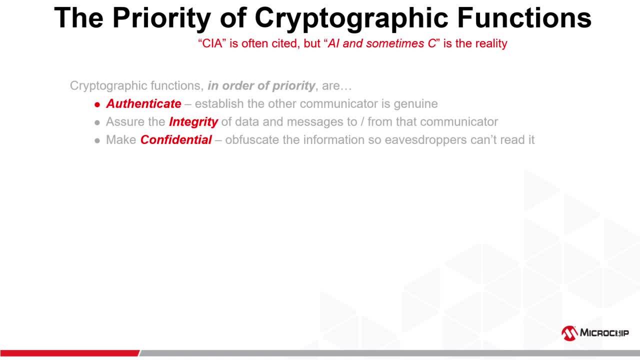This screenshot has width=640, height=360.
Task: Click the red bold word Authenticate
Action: (x=143, y=104)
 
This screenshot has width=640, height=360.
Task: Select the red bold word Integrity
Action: (x=193, y=122)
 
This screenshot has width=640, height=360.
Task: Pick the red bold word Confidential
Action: (x=176, y=140)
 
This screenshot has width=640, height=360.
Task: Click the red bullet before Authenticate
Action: (x=97, y=104)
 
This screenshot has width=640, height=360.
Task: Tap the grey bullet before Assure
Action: (x=97, y=122)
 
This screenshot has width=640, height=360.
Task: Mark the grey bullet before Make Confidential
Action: (x=97, y=140)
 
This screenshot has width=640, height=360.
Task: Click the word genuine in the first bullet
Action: (x=416, y=104)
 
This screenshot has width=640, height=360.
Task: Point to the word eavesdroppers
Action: (x=425, y=140)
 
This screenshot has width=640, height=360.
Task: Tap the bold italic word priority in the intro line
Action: (x=293, y=86)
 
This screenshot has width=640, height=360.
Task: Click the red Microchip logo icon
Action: (x=569, y=333)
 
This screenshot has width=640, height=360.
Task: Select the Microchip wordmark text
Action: (x=604, y=333)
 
